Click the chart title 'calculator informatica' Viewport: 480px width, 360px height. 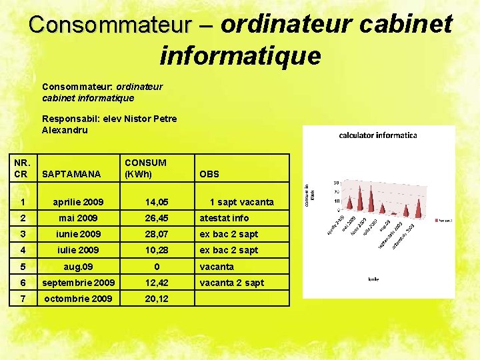[378, 135]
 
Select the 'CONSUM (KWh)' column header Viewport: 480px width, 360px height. [145, 168]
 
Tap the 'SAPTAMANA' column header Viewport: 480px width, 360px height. [71, 174]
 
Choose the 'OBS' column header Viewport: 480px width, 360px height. [209, 174]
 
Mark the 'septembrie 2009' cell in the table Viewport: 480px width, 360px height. [78, 283]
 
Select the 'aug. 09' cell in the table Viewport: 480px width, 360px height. [78, 267]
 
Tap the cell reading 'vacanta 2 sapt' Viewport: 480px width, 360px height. [232, 283]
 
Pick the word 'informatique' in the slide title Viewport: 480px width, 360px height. [240, 55]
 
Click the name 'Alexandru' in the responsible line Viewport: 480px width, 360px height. [65, 130]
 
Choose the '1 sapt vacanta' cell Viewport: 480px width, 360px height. [241, 202]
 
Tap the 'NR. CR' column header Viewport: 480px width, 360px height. [23, 168]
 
